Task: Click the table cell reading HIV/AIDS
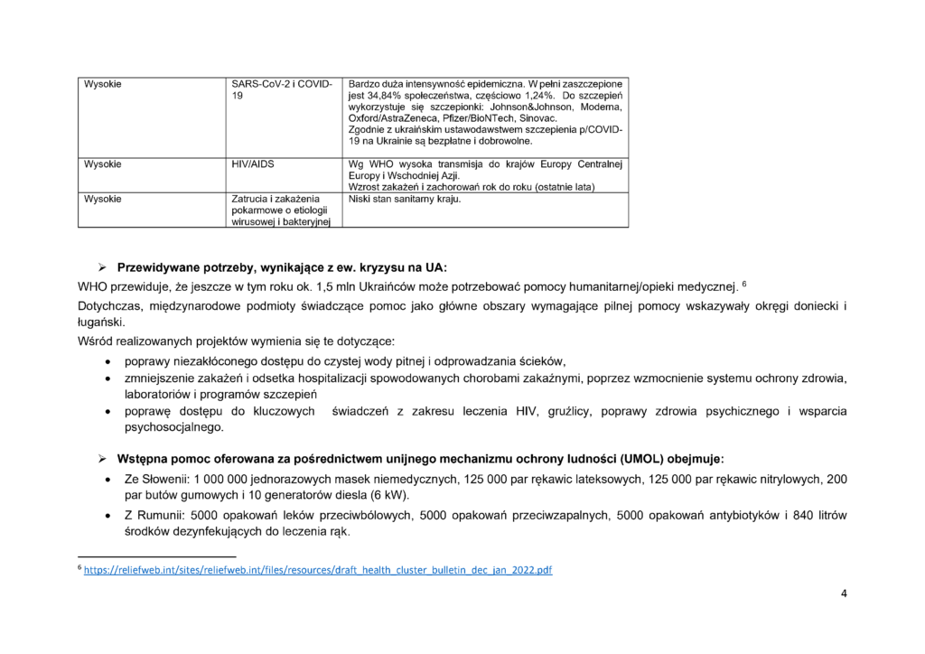pos(253,164)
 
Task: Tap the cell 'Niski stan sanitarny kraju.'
pos(404,199)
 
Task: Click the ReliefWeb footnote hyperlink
pos(318,571)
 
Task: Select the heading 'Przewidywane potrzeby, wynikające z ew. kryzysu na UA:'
pos(282,268)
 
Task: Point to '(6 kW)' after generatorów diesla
pos(388,495)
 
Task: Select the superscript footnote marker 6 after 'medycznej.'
pos(743,284)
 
